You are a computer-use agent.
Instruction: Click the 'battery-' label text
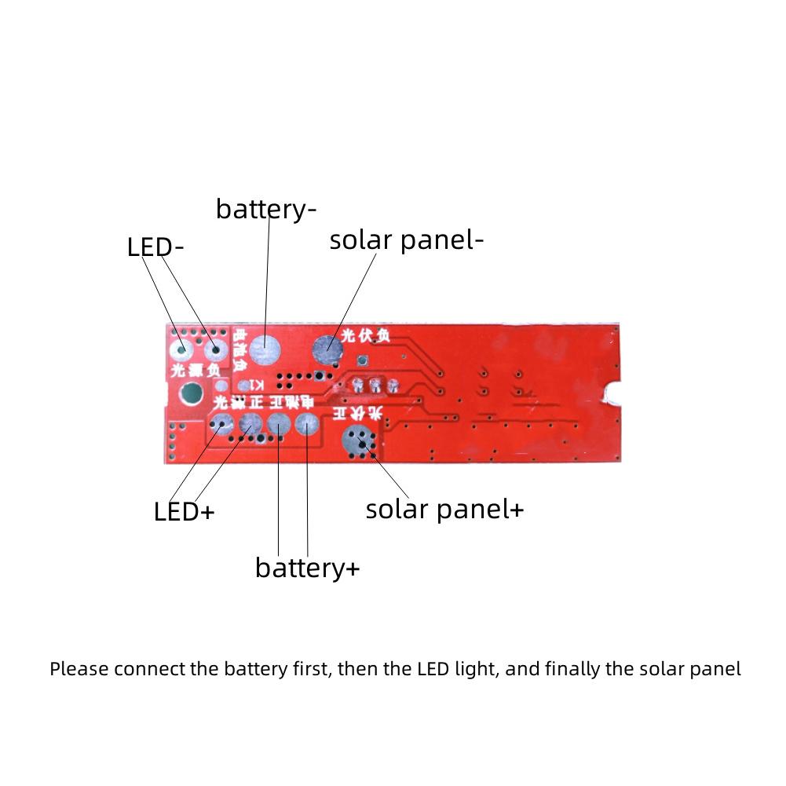pos(266,210)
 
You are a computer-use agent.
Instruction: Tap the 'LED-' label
pos(155,247)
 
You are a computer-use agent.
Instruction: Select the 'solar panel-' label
pos(406,240)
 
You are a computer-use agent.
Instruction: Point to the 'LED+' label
pos(184,512)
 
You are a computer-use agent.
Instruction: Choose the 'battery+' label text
pos(307,568)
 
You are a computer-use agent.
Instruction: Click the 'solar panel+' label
pos(444,509)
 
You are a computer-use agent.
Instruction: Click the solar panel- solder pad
pos(327,349)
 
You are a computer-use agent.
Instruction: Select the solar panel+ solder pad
pos(360,444)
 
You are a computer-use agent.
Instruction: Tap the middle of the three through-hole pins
pos(375,386)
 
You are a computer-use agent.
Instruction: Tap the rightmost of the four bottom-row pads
pos(306,426)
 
